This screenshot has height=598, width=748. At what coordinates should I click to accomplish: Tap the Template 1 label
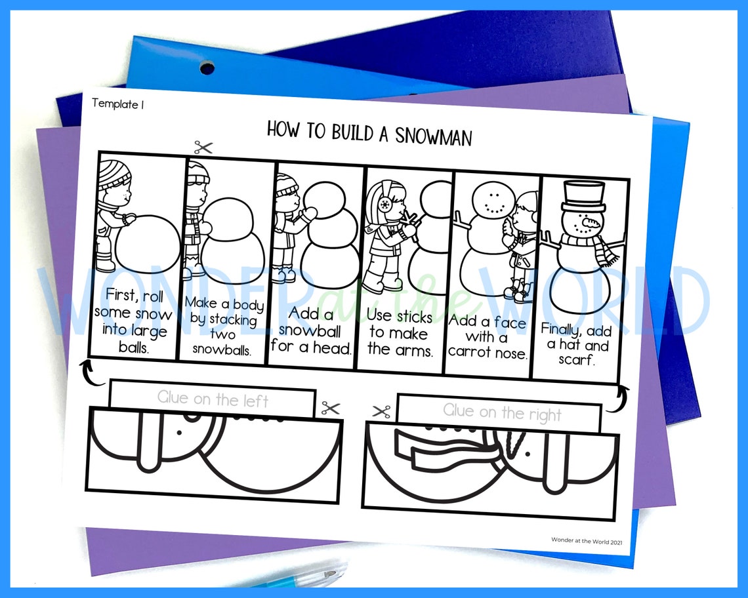point(117,104)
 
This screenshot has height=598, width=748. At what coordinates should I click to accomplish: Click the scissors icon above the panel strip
point(203,148)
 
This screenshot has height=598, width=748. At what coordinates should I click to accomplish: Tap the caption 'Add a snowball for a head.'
point(311,331)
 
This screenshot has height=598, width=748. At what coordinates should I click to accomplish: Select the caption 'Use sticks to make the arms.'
point(400,333)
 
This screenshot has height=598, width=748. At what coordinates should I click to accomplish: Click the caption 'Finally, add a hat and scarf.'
point(574,345)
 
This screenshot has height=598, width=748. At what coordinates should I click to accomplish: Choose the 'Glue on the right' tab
point(502,412)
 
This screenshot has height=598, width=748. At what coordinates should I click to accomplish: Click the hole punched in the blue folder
point(207,68)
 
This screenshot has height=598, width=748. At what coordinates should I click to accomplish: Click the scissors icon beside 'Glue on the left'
point(330,409)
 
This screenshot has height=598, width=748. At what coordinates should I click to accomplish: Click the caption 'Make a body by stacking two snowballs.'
point(224,327)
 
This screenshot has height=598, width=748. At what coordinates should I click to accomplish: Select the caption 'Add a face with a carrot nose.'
point(487,337)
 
